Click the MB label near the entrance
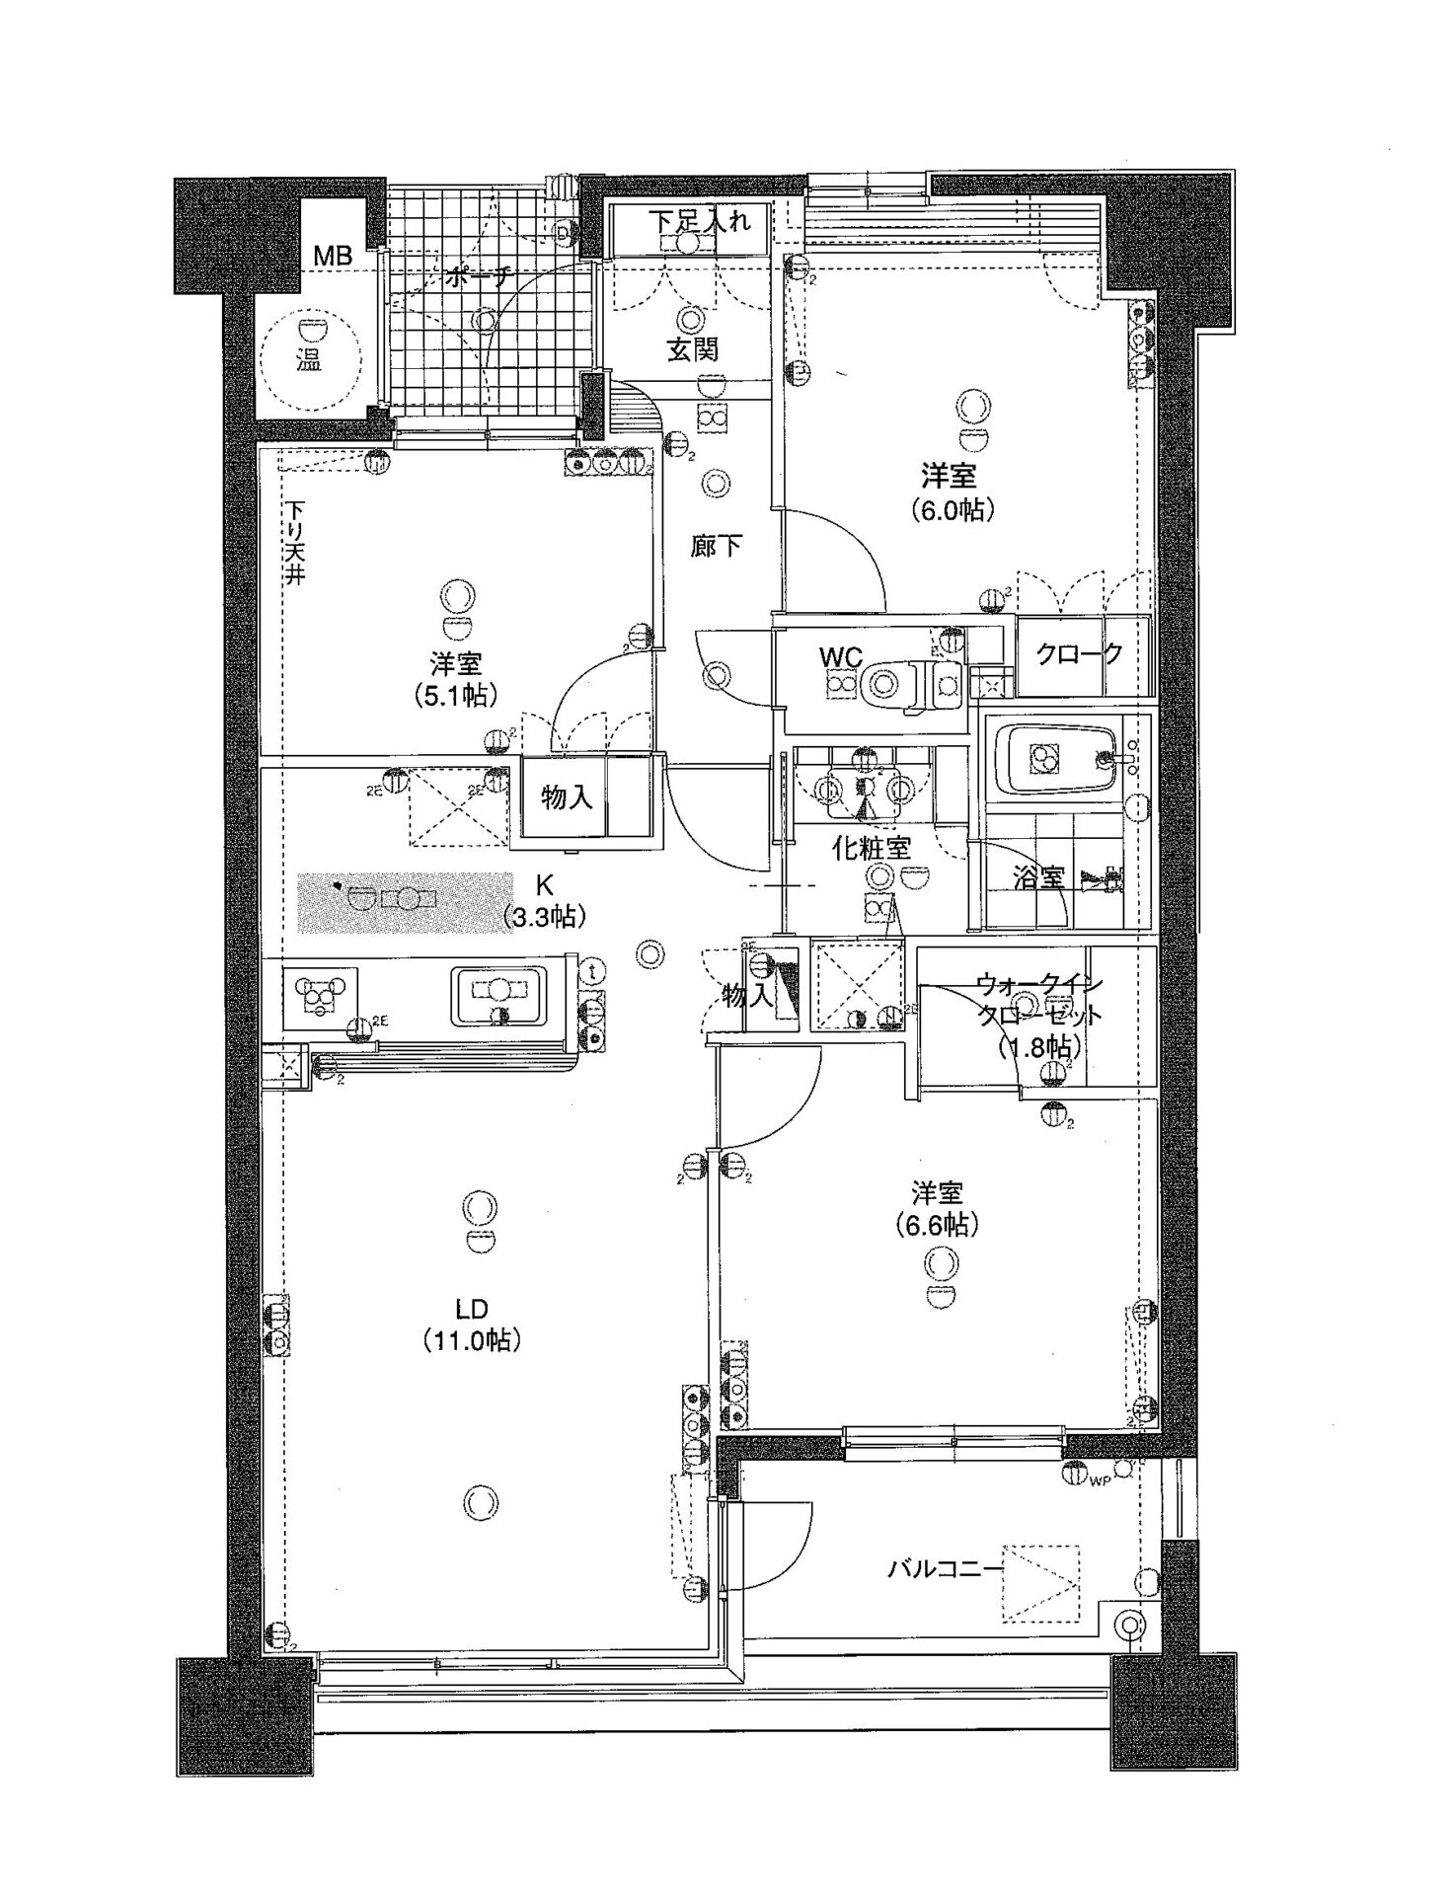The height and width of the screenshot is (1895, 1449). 332,256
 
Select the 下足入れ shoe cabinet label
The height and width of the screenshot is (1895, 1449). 699,220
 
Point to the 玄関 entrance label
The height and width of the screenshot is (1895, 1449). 692,349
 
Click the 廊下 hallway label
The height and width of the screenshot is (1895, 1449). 717,545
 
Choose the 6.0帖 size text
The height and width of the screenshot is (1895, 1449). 950,510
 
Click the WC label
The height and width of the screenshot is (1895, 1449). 841,656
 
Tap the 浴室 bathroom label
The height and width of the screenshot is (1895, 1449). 1039,877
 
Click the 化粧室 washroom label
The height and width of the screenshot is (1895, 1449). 871,847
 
